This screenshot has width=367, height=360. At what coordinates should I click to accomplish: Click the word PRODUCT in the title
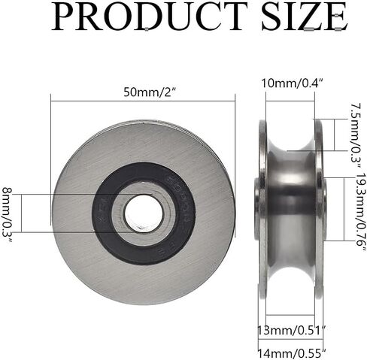(x=150, y=16)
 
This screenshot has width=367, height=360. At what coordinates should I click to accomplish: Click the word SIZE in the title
(x=305, y=16)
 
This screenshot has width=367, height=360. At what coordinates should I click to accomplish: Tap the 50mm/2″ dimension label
(x=149, y=92)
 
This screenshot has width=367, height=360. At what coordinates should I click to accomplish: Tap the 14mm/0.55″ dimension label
(x=292, y=353)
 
